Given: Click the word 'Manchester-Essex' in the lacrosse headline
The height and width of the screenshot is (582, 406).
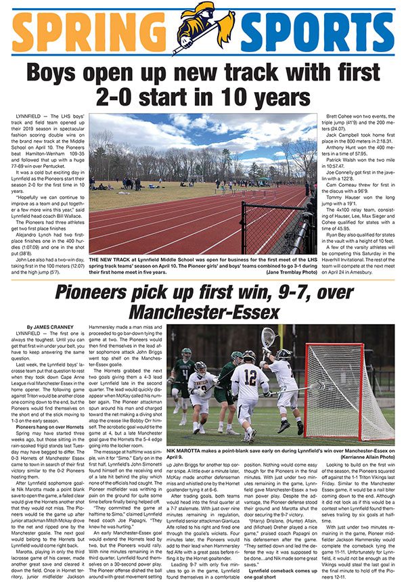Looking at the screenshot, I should tap(203, 313).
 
